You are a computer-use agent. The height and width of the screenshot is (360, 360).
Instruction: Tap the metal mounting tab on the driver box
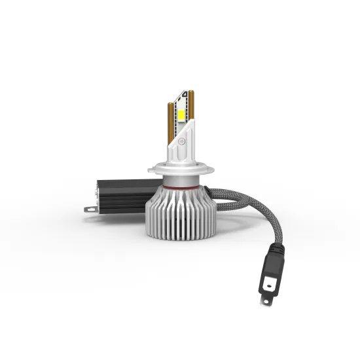point(90,209)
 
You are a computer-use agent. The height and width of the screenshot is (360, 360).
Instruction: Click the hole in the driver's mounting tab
point(88,210)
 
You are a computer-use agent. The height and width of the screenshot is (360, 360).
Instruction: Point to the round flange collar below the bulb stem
point(179,172)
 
